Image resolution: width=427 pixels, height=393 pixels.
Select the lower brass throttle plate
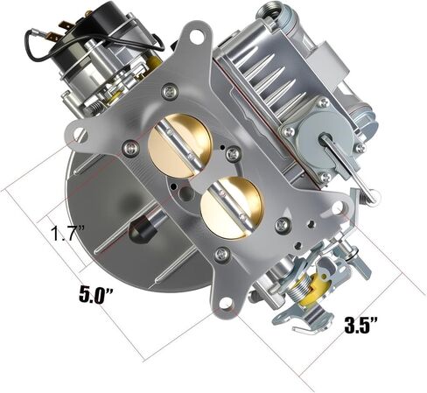(231, 203)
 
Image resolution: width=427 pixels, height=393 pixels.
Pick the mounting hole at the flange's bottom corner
(226, 303)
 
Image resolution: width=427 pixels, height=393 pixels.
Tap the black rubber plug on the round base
(138, 229)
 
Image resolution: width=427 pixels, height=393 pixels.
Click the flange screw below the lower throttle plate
(222, 253)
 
